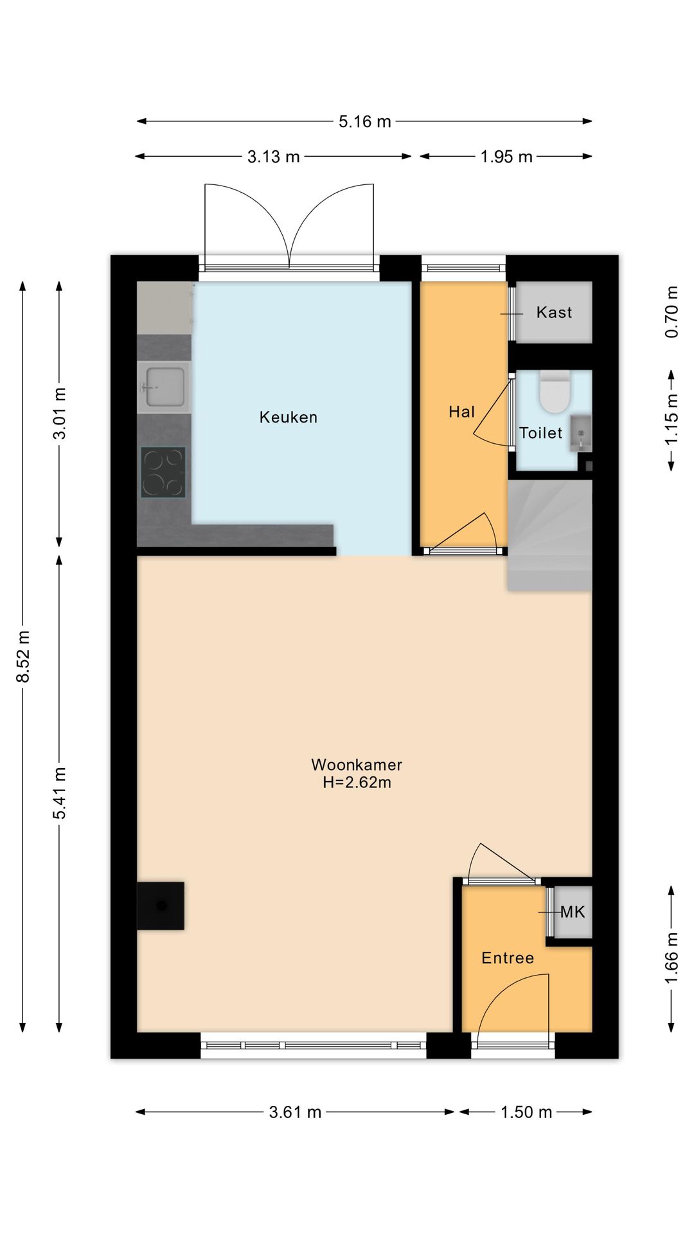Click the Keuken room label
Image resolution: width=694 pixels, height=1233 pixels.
(x=288, y=417)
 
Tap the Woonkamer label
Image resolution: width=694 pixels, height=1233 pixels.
(x=357, y=765)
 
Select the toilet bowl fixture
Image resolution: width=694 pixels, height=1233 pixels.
(x=553, y=392)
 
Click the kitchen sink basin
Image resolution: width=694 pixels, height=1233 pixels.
(x=165, y=387)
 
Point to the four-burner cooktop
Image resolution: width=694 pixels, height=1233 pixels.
(x=163, y=473)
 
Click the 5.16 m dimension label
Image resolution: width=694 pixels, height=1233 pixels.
(x=364, y=121)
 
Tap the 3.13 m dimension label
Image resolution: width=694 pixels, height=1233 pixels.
(x=274, y=157)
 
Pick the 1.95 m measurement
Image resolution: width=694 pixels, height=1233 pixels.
(x=506, y=157)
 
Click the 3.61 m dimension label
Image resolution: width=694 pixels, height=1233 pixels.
(x=295, y=1112)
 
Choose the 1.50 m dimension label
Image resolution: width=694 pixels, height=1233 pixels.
(x=526, y=1112)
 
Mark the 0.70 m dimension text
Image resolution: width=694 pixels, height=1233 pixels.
(x=672, y=311)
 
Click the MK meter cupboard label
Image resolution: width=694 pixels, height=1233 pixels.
(x=573, y=912)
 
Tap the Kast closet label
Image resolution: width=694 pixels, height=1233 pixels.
(x=554, y=313)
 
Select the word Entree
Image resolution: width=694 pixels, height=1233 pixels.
(x=508, y=958)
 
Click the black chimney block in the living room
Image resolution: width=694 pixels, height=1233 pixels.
(x=161, y=905)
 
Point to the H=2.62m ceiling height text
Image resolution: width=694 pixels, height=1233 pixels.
(x=357, y=783)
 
